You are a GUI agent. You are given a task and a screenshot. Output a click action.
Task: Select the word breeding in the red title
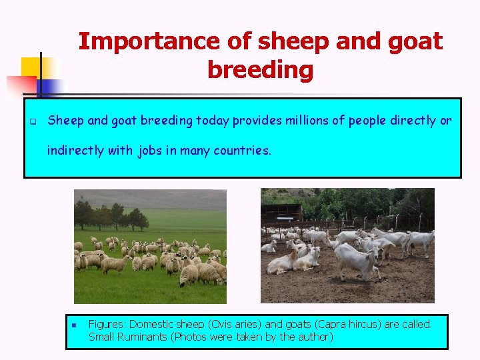pos(260,69)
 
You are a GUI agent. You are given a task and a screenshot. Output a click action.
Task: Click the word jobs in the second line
pos(150,151)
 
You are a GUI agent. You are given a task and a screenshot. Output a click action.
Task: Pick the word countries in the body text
pos(242,151)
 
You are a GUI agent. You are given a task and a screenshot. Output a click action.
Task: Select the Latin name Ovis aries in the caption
pos(230,325)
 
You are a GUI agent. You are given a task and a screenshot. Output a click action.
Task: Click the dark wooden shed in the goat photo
pos(281,213)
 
